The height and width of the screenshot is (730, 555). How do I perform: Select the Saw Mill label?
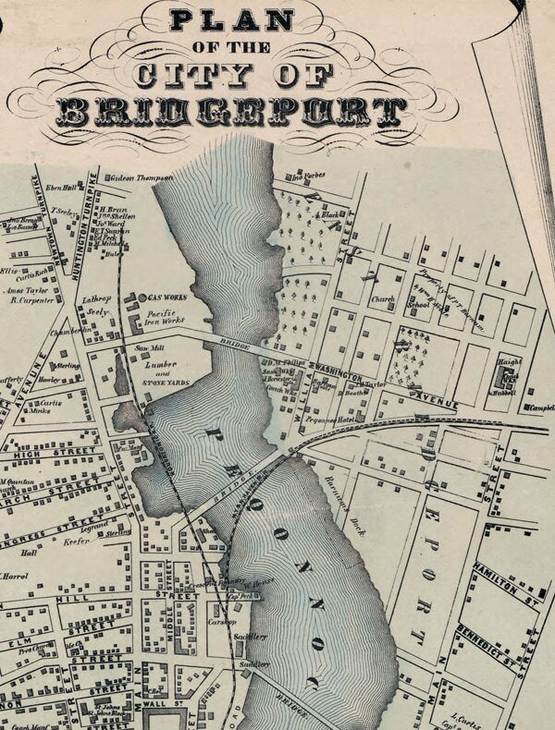pos(149,348)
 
